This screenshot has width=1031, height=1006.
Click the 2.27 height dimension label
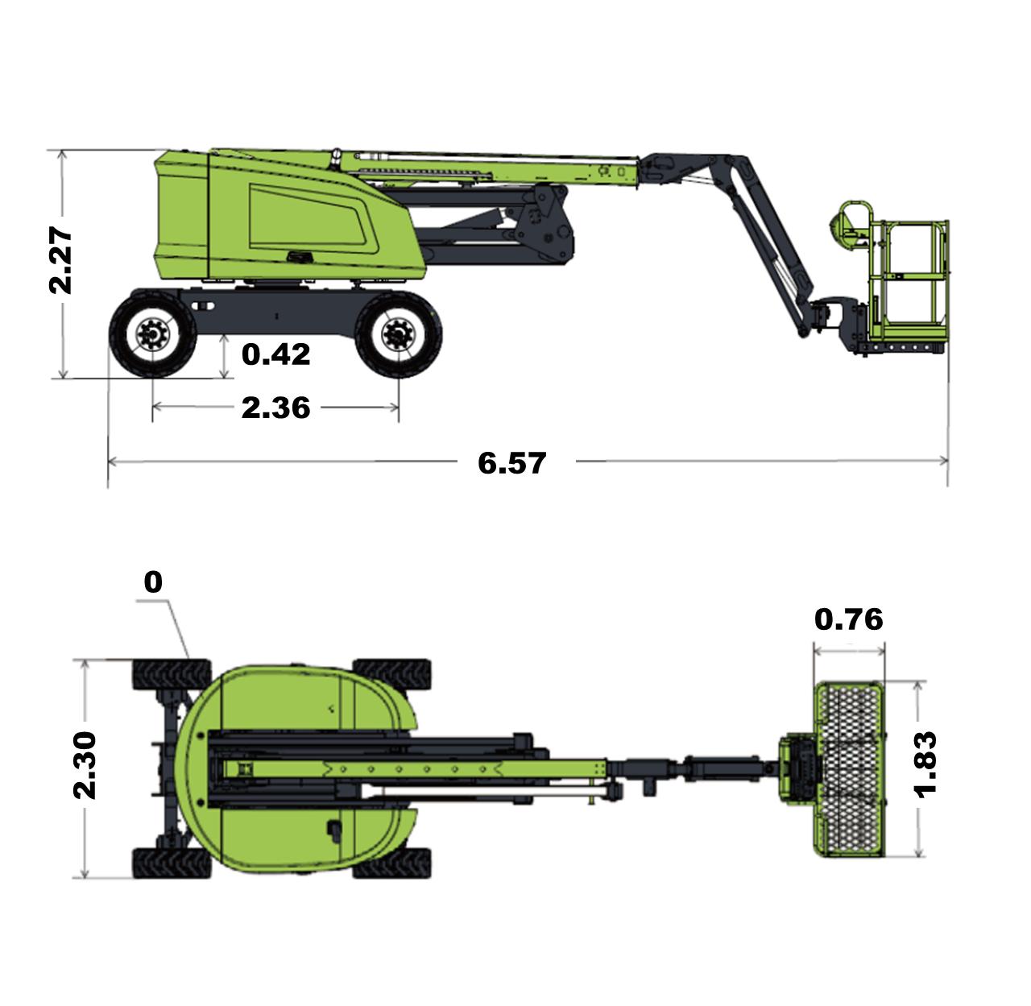[60, 261]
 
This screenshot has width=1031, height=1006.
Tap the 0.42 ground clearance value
[275, 354]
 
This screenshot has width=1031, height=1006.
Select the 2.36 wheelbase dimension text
[275, 408]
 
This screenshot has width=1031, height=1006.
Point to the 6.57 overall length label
[511, 463]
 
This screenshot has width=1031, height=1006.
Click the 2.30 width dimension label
[85, 765]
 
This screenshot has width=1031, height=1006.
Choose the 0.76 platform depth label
[849, 619]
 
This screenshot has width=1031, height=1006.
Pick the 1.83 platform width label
[925, 765]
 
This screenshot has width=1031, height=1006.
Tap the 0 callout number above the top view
[153, 582]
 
